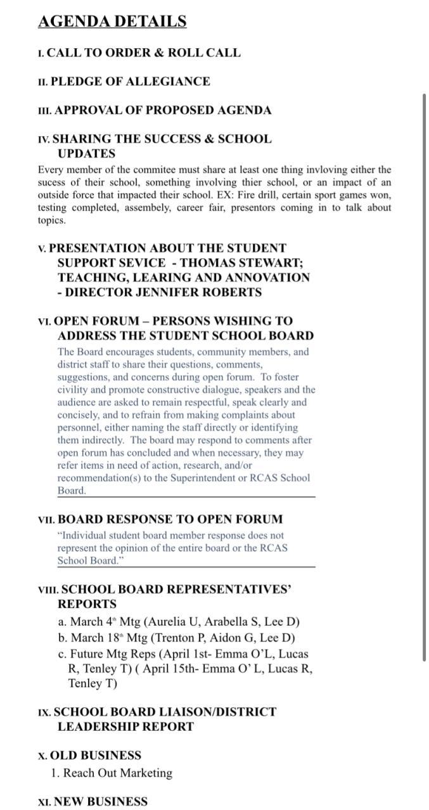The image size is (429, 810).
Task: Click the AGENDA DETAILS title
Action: [112, 22]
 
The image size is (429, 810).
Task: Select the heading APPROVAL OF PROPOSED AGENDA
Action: [163, 110]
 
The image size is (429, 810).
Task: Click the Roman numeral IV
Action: [44, 139]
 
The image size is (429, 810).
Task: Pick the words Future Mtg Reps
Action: [108, 654]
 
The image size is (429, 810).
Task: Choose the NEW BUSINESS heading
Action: [101, 802]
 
